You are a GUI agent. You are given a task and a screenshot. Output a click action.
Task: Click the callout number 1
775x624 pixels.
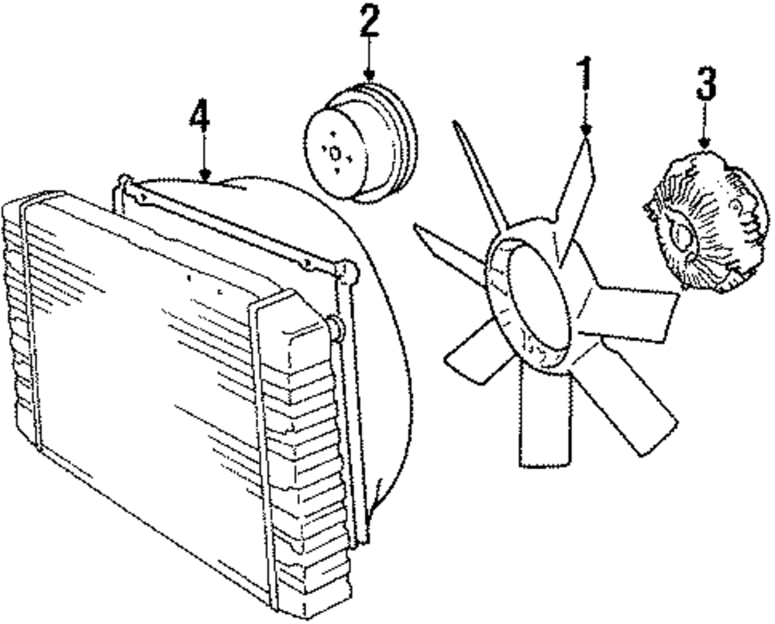(x=585, y=75)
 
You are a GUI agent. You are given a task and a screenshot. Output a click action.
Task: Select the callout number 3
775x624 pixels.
(x=704, y=86)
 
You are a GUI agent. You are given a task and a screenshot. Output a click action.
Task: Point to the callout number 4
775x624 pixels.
(x=200, y=118)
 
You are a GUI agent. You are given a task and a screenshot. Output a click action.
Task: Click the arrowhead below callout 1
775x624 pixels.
(x=585, y=132)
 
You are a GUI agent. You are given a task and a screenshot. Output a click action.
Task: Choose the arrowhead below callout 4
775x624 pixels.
(x=205, y=177)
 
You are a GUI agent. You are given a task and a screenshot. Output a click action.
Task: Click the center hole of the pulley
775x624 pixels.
(x=335, y=153)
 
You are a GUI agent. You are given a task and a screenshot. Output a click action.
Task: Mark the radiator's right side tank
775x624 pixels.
(x=298, y=434)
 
